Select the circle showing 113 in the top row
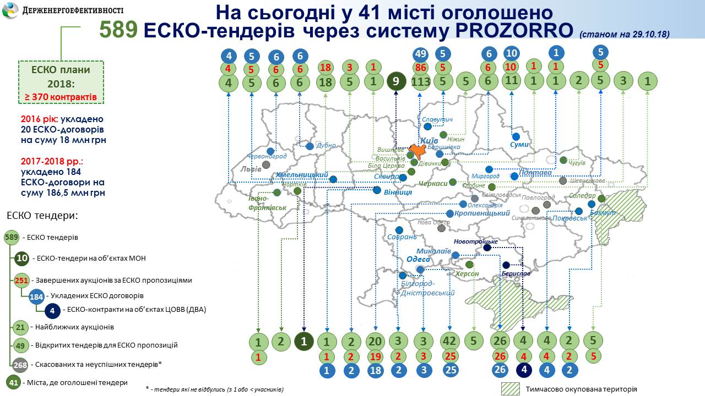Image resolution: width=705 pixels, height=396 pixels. [421, 82]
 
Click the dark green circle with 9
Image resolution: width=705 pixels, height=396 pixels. [396, 82]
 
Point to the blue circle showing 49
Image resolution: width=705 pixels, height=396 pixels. [421, 54]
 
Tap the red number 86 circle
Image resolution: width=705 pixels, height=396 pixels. [421, 69]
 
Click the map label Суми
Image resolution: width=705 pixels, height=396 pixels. [519, 145]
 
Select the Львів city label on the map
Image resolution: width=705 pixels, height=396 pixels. [251, 169]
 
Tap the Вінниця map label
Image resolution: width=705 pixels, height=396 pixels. [398, 193]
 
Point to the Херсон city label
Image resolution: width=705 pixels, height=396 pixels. [467, 274]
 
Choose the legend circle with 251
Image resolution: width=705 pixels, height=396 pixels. [21, 280]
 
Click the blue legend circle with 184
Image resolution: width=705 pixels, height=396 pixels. [37, 296]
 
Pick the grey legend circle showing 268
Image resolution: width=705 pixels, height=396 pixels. [20, 365]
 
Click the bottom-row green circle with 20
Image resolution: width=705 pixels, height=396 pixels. [375, 342]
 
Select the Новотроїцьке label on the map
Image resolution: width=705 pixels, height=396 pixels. [476, 241]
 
